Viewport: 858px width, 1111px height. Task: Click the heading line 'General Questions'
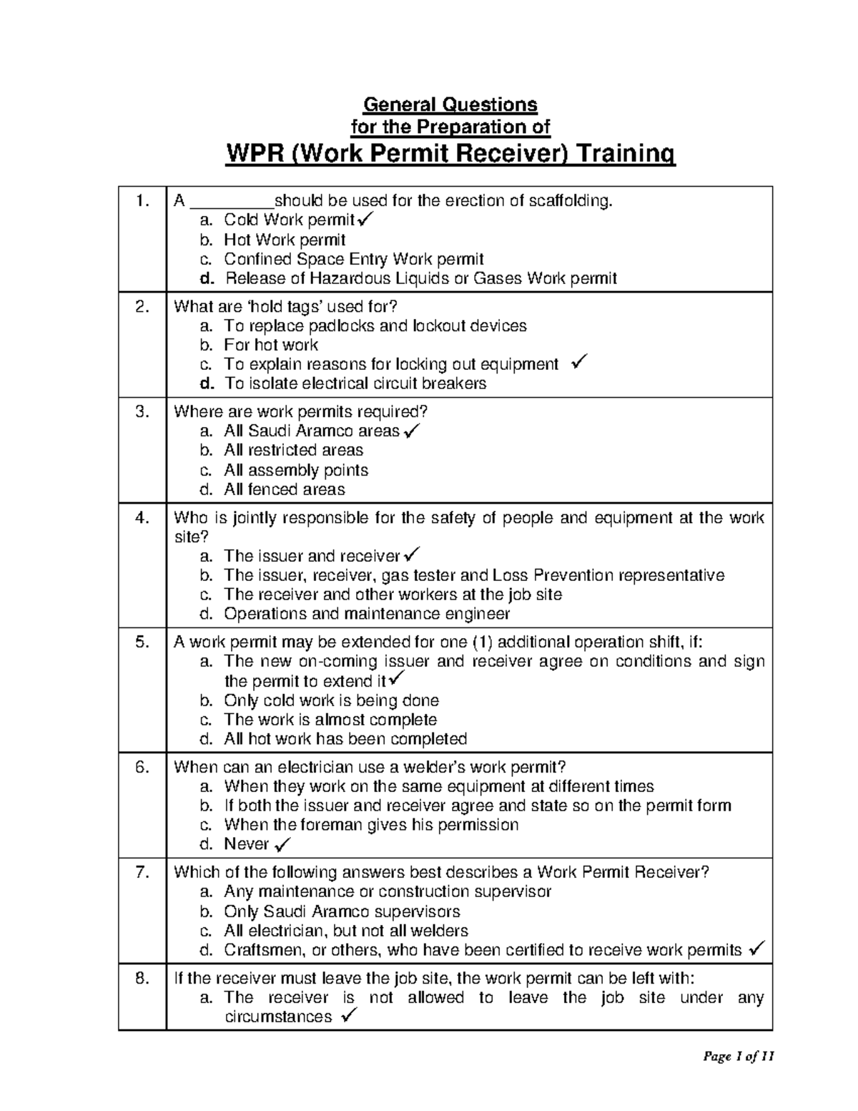click(x=450, y=104)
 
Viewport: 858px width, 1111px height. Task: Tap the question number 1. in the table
click(x=142, y=202)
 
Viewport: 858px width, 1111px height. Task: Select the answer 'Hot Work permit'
click(x=285, y=240)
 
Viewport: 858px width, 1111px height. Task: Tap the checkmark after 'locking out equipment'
click(x=579, y=363)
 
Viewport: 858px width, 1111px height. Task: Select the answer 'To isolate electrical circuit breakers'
click(x=355, y=383)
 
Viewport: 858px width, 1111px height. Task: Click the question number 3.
click(x=142, y=412)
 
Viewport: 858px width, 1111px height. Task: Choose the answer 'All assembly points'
click(x=295, y=470)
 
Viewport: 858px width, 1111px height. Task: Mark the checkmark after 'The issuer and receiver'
click(x=413, y=554)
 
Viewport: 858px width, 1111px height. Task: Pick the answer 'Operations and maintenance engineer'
click(x=367, y=614)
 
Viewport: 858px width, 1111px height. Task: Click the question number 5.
click(x=142, y=642)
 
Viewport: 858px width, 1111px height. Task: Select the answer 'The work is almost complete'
click(x=330, y=720)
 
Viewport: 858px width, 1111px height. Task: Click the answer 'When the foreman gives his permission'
click(x=370, y=825)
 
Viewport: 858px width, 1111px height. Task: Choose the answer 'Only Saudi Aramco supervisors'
click(x=342, y=911)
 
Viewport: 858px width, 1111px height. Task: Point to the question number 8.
click(x=142, y=979)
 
